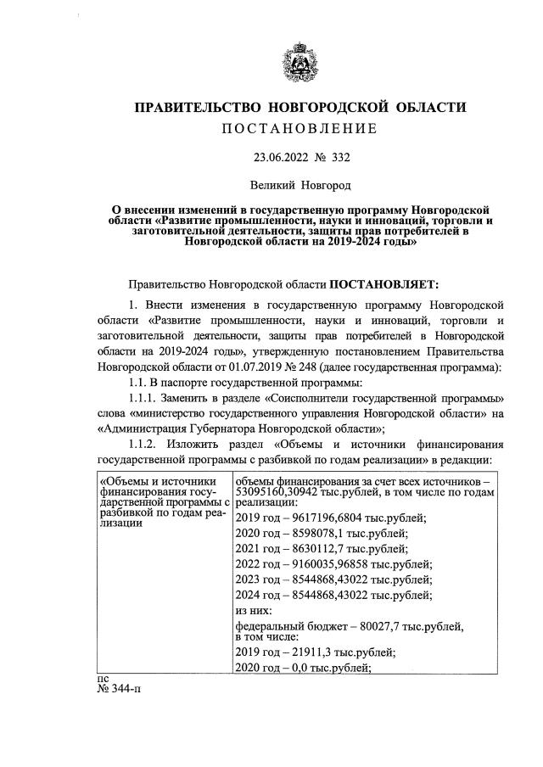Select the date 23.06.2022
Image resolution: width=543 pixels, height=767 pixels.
coord(282,157)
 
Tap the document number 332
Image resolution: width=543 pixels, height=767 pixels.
coord(341,157)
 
